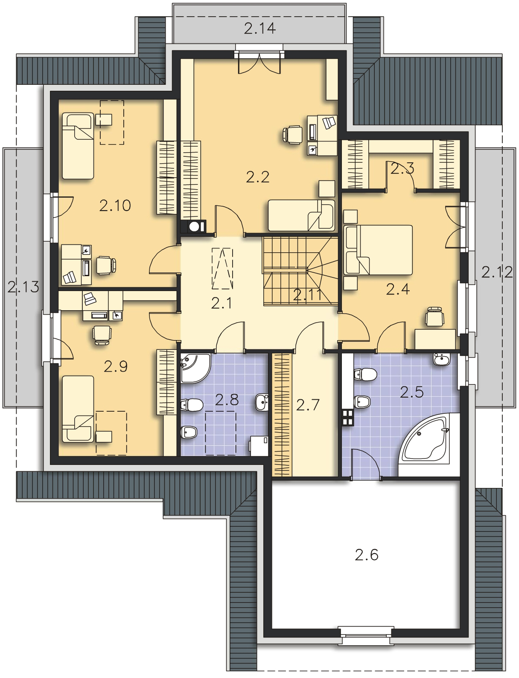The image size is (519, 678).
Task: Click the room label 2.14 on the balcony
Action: click(260, 29)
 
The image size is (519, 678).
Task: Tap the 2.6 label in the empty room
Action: click(367, 555)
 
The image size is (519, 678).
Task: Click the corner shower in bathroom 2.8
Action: click(195, 369)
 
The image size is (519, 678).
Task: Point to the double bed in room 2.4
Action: click(378, 250)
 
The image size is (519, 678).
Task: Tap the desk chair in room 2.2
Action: click(293, 134)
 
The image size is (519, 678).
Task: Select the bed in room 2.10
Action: click(78, 146)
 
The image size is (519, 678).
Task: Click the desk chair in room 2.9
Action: click(102, 335)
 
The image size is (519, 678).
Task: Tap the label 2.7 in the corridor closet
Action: click(307, 405)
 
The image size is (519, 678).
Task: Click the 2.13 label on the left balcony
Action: click(23, 287)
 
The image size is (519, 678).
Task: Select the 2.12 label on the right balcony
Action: click(497, 272)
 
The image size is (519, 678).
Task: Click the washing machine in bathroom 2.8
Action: click(259, 446)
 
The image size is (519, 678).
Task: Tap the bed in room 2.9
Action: click(78, 409)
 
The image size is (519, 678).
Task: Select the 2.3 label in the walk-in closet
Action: click(402, 169)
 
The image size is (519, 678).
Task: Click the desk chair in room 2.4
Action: click(435, 316)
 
